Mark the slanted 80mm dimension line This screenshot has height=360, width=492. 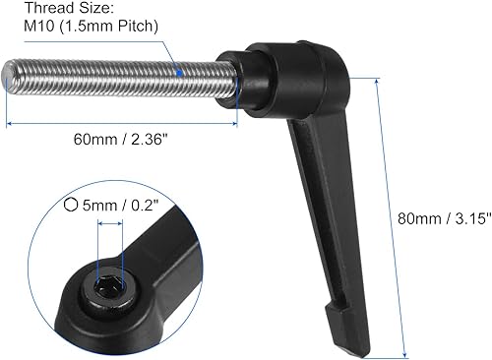[x=392, y=216]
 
